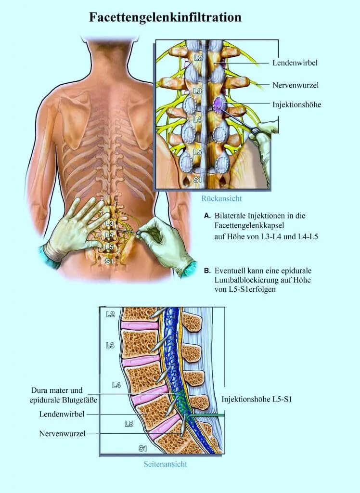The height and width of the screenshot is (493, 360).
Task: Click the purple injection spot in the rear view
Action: click(219, 104)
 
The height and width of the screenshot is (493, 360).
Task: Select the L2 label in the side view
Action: click(110, 314)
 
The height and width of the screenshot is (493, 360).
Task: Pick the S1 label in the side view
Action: click(142, 448)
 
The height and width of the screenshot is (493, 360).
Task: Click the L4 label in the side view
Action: click(116, 385)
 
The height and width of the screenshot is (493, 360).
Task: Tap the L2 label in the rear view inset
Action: click(197, 58)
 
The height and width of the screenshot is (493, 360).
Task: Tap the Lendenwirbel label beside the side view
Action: click(57, 414)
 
